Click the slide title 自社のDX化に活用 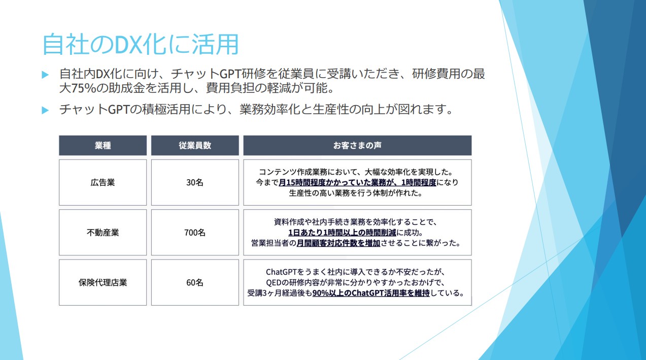[141, 44]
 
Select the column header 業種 [103, 145]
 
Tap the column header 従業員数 [195, 145]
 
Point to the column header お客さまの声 [357, 145]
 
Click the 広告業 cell [103, 182]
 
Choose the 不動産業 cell [103, 233]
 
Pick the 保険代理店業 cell [103, 282]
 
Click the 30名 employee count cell [195, 182]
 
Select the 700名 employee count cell [195, 233]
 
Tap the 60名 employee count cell [195, 282]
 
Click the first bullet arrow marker [45, 75]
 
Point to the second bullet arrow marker [45, 110]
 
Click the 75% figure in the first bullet [84, 88]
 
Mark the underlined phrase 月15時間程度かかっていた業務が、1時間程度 [357, 183]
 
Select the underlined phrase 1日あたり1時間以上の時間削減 [343, 233]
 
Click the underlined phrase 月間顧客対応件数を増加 [338, 243]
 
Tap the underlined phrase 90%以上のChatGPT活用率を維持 [371, 293]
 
